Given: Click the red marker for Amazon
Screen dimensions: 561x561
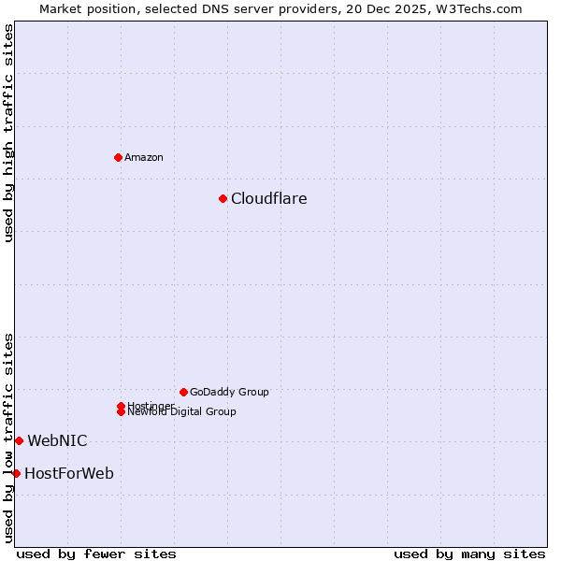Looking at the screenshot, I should (118, 157).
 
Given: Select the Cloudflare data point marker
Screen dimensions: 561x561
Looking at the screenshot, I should (223, 198).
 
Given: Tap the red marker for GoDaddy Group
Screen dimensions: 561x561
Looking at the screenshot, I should (183, 392).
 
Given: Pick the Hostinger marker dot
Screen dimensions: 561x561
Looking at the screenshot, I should (121, 406).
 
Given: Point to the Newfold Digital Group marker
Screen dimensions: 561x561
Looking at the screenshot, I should (121, 412).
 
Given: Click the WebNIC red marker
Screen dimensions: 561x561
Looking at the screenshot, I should (19, 440).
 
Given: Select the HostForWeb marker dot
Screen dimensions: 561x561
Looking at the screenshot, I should (16, 473).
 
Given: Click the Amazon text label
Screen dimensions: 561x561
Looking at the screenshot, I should (144, 157).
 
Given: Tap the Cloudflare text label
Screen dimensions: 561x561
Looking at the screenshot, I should (268, 198).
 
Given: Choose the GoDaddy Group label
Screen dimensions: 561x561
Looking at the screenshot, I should (229, 392).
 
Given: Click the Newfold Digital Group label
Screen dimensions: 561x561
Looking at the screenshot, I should (183, 412).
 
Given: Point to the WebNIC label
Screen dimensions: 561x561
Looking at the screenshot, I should (57, 440).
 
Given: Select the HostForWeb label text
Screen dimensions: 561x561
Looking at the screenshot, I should (69, 473).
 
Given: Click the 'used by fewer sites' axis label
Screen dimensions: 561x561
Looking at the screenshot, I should (96, 554).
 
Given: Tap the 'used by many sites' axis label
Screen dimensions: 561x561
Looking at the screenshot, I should (469, 554).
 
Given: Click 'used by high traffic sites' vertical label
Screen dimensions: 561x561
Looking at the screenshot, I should (8, 133).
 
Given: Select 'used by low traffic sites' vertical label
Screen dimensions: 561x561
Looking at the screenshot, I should (8, 438).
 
